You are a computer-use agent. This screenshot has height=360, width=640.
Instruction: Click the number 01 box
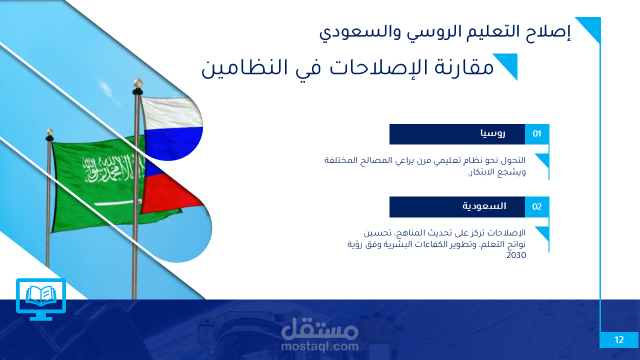(537, 134)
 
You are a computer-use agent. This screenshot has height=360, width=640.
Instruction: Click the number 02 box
(537, 206)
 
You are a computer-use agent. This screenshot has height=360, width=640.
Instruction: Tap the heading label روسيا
(493, 133)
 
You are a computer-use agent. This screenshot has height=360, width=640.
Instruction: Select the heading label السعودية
(484, 206)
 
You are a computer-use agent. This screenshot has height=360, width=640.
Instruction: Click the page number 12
(619, 340)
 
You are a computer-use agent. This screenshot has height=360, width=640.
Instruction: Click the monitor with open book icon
(41, 299)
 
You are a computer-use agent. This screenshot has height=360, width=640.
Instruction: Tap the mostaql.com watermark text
(319, 346)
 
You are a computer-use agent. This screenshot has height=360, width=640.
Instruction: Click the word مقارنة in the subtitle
(464, 67)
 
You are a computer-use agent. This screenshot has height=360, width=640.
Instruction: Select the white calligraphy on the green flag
(113, 169)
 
